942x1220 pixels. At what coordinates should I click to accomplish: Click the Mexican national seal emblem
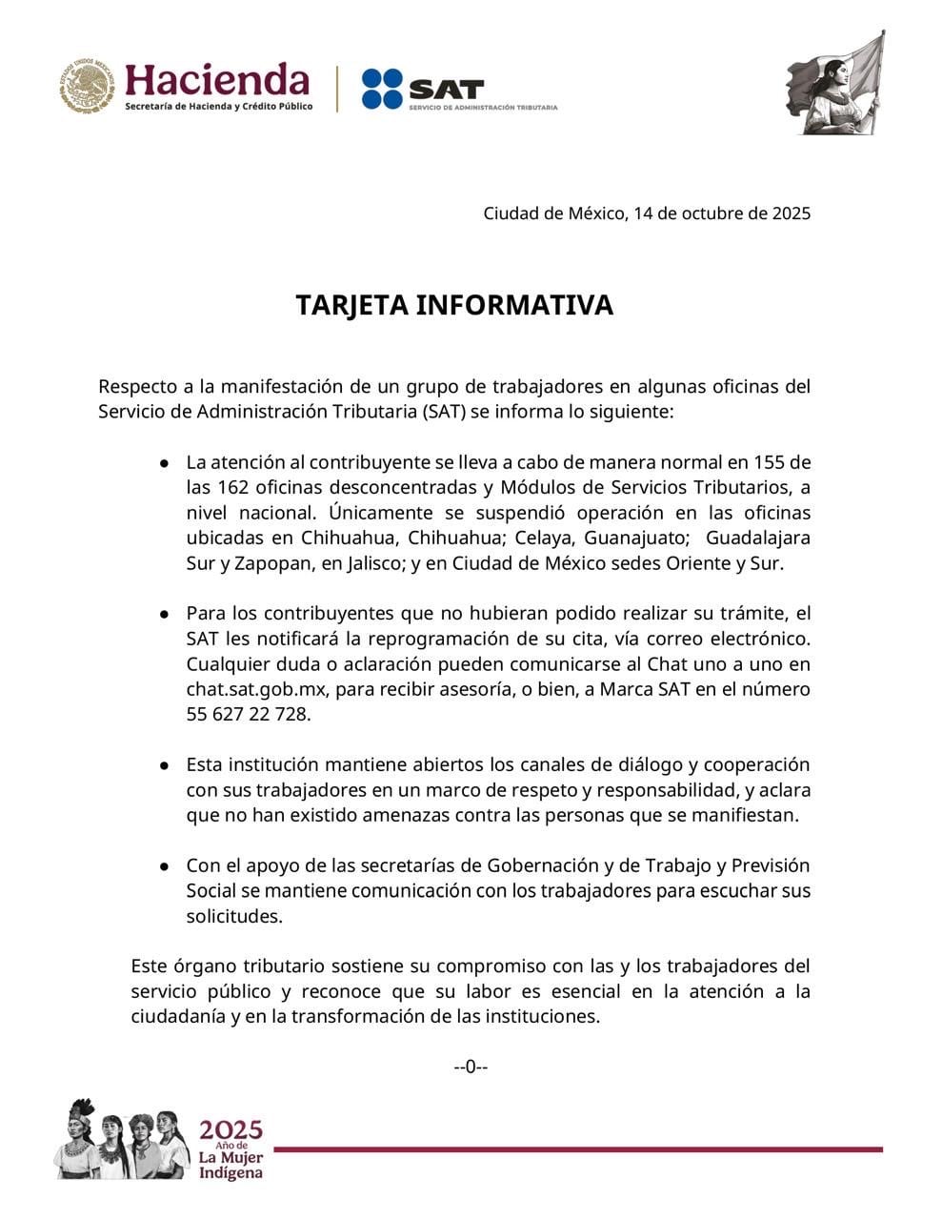tap(88, 87)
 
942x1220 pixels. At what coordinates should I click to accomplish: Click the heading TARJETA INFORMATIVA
tap(454, 305)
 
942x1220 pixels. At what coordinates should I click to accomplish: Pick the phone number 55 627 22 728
tap(249, 714)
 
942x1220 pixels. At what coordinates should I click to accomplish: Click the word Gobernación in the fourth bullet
tap(543, 866)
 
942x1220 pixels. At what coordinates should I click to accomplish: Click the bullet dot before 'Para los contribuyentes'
tap(165, 614)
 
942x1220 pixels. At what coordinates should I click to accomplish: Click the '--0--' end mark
tap(471, 1067)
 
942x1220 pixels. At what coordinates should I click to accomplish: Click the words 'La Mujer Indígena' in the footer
tap(230, 1165)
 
